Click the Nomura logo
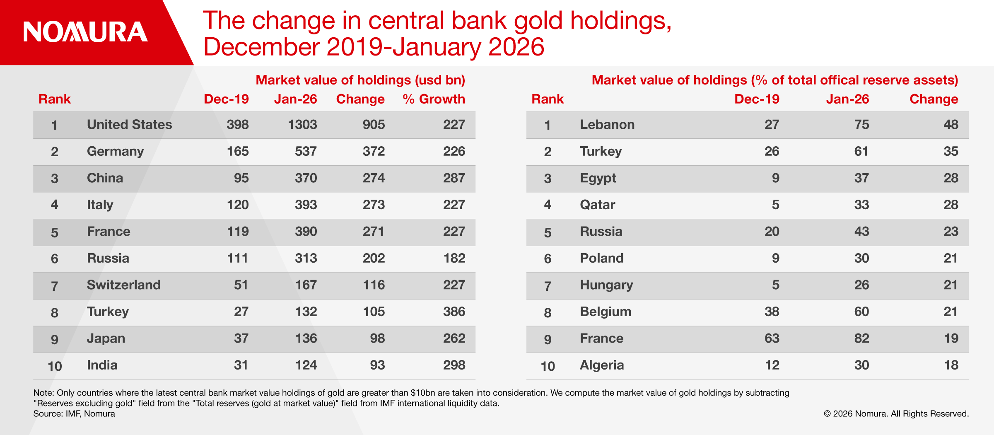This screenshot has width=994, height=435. click(85, 32)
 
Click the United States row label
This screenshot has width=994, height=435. click(129, 125)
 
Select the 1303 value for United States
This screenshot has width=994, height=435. click(302, 125)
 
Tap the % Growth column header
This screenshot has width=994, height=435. click(434, 99)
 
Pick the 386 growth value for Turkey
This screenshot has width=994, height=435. click(454, 312)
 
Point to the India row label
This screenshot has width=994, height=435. click(102, 365)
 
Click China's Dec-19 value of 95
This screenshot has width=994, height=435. click(241, 178)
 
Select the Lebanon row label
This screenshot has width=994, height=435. click(607, 125)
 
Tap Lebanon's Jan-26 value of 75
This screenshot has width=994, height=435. click(861, 125)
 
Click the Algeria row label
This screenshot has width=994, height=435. click(601, 365)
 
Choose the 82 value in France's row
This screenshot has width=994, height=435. click(861, 338)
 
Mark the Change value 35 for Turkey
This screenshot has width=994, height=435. click(951, 151)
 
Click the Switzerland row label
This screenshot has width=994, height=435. click(123, 285)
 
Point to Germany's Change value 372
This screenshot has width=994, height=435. click(374, 151)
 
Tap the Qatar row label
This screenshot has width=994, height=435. click(597, 205)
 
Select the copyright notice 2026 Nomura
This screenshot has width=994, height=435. click(896, 413)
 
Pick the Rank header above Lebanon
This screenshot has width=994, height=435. click(547, 99)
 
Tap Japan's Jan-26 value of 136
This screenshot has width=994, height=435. click(306, 338)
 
